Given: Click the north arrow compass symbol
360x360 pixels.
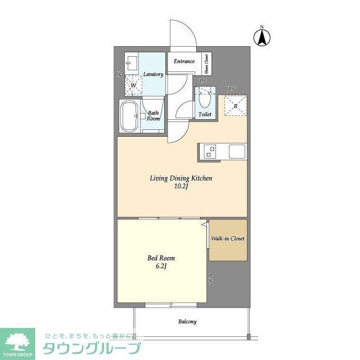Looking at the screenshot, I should click(262, 37).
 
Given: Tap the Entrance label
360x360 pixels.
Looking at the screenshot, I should click(184, 61).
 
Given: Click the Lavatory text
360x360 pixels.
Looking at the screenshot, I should click(153, 74).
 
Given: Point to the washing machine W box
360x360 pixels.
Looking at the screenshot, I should click(133, 85).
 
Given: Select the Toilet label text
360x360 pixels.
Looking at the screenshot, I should click(205, 115).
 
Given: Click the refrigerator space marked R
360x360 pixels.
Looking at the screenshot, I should click(235, 105).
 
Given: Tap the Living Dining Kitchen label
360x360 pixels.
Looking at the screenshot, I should click(181, 179).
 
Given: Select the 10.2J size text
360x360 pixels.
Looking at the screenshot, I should click(181, 187).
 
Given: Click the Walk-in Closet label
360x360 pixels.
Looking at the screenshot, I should click(228, 238).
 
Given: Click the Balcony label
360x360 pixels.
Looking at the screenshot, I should click(187, 322).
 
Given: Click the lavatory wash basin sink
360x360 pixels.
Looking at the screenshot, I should click(133, 62).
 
